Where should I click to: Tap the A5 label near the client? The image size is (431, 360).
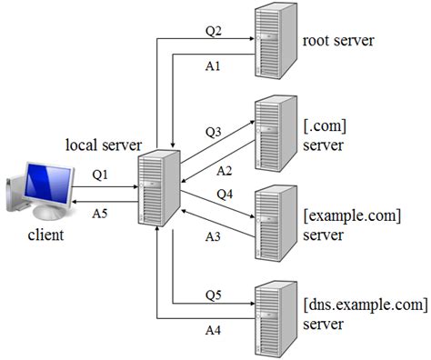click(x=102, y=215)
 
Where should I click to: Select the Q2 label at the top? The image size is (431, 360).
click(x=213, y=30)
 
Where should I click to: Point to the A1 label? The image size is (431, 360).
click(x=213, y=66)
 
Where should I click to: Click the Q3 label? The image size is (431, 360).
click(x=213, y=131)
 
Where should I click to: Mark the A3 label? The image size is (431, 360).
click(x=212, y=235)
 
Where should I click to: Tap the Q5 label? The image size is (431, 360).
click(x=212, y=294)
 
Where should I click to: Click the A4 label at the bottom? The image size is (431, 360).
click(x=212, y=330)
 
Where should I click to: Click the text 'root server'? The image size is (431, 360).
click(x=338, y=40)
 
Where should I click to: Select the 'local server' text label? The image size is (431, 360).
click(x=103, y=145)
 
